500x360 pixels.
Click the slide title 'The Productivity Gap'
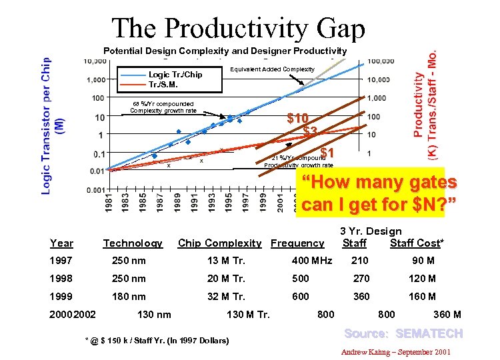(239, 29)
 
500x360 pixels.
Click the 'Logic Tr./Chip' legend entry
(175, 75)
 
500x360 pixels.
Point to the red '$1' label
(327, 153)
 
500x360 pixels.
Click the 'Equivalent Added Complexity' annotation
(271, 69)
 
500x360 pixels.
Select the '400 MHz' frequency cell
(312, 260)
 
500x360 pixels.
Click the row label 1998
(61, 278)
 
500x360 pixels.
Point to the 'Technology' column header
(133, 243)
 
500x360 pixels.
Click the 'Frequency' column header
(297, 243)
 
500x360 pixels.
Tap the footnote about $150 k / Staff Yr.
(157, 341)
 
